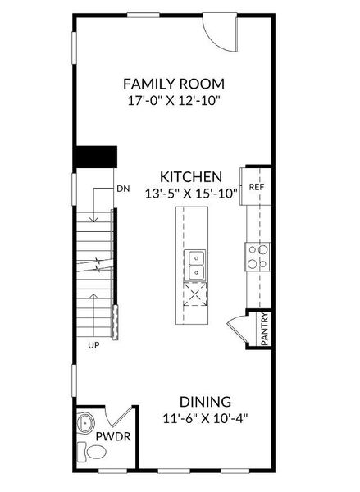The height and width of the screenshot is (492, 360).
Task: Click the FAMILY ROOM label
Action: [174, 84]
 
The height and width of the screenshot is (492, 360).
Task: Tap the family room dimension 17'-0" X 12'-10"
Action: [174, 100]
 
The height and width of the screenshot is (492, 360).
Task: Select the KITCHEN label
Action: [190, 176]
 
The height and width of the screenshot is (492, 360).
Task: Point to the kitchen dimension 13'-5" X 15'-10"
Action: [190, 194]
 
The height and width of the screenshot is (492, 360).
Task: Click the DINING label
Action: [205, 402]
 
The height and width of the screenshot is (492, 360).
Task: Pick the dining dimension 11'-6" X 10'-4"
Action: [205, 418]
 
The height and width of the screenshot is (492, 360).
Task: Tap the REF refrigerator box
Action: [256, 187]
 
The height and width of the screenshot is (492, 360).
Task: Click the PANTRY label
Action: [264, 330]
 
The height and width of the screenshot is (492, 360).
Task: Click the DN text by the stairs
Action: [123, 189]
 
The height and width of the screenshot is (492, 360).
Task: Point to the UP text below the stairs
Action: [94, 346]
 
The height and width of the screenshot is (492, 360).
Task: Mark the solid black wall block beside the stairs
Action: [95, 157]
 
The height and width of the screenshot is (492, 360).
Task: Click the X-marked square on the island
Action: [196, 294]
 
